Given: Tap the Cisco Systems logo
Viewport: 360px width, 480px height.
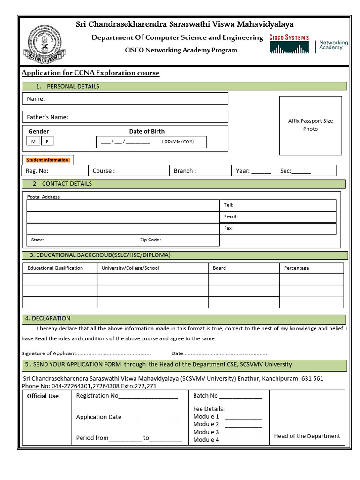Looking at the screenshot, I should (289, 44).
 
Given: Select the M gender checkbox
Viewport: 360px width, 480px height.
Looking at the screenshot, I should (33, 141).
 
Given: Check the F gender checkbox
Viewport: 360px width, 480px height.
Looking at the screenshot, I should (47, 141).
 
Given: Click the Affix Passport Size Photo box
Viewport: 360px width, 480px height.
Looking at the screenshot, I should (310, 125).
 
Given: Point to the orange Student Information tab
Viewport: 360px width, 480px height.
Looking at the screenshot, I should (48, 160).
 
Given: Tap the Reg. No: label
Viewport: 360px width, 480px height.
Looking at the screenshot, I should (37, 171).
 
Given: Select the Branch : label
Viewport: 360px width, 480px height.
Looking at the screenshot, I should (185, 171).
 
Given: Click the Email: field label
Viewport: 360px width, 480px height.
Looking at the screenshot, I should (231, 217).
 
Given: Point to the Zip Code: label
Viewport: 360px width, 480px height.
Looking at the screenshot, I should (150, 240).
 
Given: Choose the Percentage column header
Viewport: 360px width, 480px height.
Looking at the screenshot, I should (296, 268).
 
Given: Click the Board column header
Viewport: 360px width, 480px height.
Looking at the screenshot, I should (219, 268).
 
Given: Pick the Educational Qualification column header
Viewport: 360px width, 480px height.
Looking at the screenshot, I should (55, 268).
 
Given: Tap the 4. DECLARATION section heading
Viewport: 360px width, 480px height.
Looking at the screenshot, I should (48, 318).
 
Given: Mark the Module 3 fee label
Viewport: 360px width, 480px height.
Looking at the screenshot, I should (206, 432).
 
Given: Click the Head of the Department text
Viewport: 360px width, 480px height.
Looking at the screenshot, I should (307, 436).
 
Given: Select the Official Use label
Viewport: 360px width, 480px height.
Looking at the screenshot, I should (43, 396).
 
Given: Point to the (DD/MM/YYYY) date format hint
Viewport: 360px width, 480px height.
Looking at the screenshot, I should (178, 141).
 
